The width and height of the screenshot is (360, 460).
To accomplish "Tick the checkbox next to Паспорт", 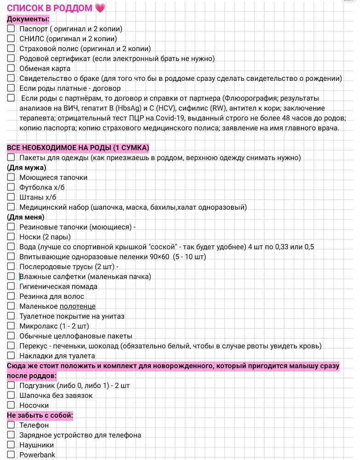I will [x=11, y=29].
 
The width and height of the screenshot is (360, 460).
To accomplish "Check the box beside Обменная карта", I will [x=11, y=68].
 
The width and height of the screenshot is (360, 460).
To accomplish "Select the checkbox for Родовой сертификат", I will [x=11, y=58].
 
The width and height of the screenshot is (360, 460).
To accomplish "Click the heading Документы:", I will [x=28, y=19].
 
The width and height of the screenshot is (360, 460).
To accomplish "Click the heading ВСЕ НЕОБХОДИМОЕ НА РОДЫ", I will [x=78, y=148].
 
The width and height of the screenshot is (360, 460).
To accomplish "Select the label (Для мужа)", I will [x=26, y=167].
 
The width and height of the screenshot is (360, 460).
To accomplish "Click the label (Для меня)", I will [x=26, y=217].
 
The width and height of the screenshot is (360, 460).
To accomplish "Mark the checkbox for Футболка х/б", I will [x=11, y=187].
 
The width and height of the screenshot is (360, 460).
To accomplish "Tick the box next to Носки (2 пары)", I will [x=11, y=237].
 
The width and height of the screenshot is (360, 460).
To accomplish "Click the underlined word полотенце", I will [x=77, y=306].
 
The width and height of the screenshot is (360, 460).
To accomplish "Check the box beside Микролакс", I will [x=11, y=326].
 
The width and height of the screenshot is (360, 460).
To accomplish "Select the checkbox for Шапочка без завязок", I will [x=11, y=395].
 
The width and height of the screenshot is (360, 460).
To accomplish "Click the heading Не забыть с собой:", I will [x=40, y=415].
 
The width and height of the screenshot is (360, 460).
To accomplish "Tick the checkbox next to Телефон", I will [x=11, y=425].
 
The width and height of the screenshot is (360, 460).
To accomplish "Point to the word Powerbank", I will [x=37, y=455].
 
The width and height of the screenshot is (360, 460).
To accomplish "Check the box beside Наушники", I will [x=11, y=445].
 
